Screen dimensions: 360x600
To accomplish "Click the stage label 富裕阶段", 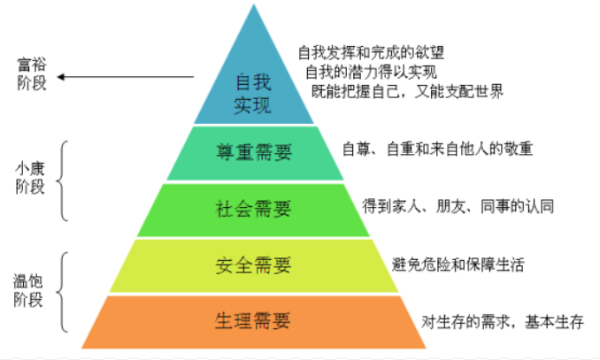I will click(32, 70).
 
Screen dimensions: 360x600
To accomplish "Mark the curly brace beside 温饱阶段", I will click(63, 290).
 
